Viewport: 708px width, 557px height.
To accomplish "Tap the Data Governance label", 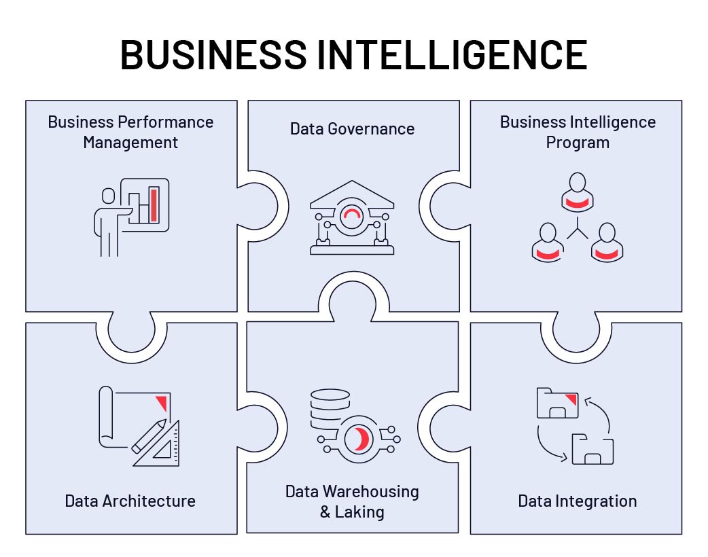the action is (x=352, y=128).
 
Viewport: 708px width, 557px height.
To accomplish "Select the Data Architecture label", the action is (x=130, y=501).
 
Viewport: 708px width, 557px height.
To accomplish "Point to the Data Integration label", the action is (x=577, y=501).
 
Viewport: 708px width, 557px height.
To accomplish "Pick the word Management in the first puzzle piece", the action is (x=130, y=143).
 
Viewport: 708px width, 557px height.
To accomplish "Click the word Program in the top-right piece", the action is (x=578, y=143).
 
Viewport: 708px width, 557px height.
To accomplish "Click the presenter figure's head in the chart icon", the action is (x=109, y=196).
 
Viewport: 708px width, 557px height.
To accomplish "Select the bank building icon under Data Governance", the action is (x=352, y=217).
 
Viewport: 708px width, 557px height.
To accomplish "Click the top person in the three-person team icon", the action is (x=578, y=192).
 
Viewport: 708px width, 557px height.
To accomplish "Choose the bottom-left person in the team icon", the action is (x=548, y=242).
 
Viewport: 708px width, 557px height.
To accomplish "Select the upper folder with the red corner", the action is (x=557, y=403).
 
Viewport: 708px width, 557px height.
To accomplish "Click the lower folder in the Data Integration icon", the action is (x=592, y=450).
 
